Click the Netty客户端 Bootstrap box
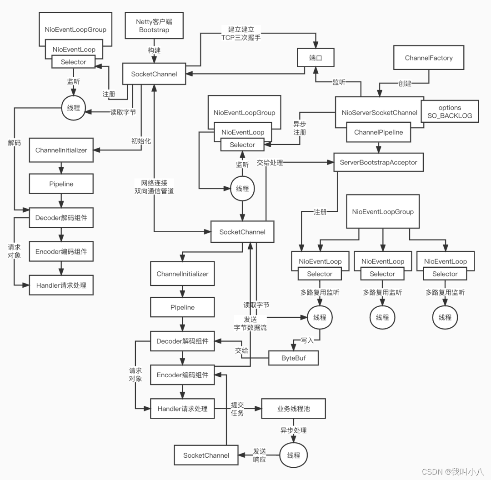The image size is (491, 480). point(154,26)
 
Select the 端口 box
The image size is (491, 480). point(316,58)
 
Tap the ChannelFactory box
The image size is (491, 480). point(429,58)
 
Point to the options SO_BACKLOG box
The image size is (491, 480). point(450,111)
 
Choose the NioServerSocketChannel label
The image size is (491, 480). point(379,112)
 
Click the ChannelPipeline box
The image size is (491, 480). point(378,133)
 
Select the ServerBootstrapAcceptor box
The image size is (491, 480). point(378,162)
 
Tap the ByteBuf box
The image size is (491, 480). point(293,358)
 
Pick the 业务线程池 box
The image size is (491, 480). point(293,409)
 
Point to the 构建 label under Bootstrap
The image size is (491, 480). point(154,50)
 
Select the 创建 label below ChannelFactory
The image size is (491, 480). point(404,84)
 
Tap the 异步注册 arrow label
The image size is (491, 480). point(300,128)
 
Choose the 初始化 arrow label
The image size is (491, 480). point(141,141)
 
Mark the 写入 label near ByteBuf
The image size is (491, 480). point(308,340)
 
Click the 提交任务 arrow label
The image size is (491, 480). point(237,409)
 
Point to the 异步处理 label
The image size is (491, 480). point(293,430)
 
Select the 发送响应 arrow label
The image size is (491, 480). point(259,455)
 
